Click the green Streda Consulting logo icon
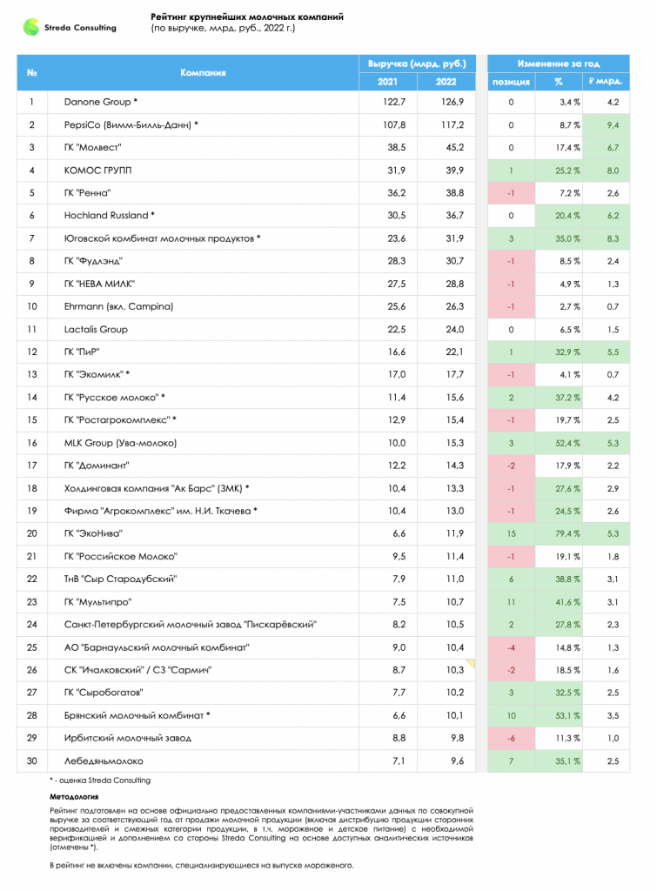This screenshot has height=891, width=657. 30,27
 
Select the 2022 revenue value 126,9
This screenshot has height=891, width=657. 453,103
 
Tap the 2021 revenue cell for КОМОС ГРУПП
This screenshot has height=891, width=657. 397,171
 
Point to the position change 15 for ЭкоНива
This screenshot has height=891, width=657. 511,533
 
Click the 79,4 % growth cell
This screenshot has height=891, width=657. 567,533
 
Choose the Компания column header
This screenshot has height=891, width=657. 203,73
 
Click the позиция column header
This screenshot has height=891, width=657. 511,82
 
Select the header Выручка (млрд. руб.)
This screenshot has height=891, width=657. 417,64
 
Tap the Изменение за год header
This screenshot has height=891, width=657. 558,64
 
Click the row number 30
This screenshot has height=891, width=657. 32,760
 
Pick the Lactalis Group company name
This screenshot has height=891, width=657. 96,330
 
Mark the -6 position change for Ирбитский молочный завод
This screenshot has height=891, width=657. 511,738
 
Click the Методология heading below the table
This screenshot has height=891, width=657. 74,797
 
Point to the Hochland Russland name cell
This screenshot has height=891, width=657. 109,216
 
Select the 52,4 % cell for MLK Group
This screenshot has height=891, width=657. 567,443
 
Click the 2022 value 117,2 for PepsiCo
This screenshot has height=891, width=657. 453,125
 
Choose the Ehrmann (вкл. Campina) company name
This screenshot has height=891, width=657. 118,307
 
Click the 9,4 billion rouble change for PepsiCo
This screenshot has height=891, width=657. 613,125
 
